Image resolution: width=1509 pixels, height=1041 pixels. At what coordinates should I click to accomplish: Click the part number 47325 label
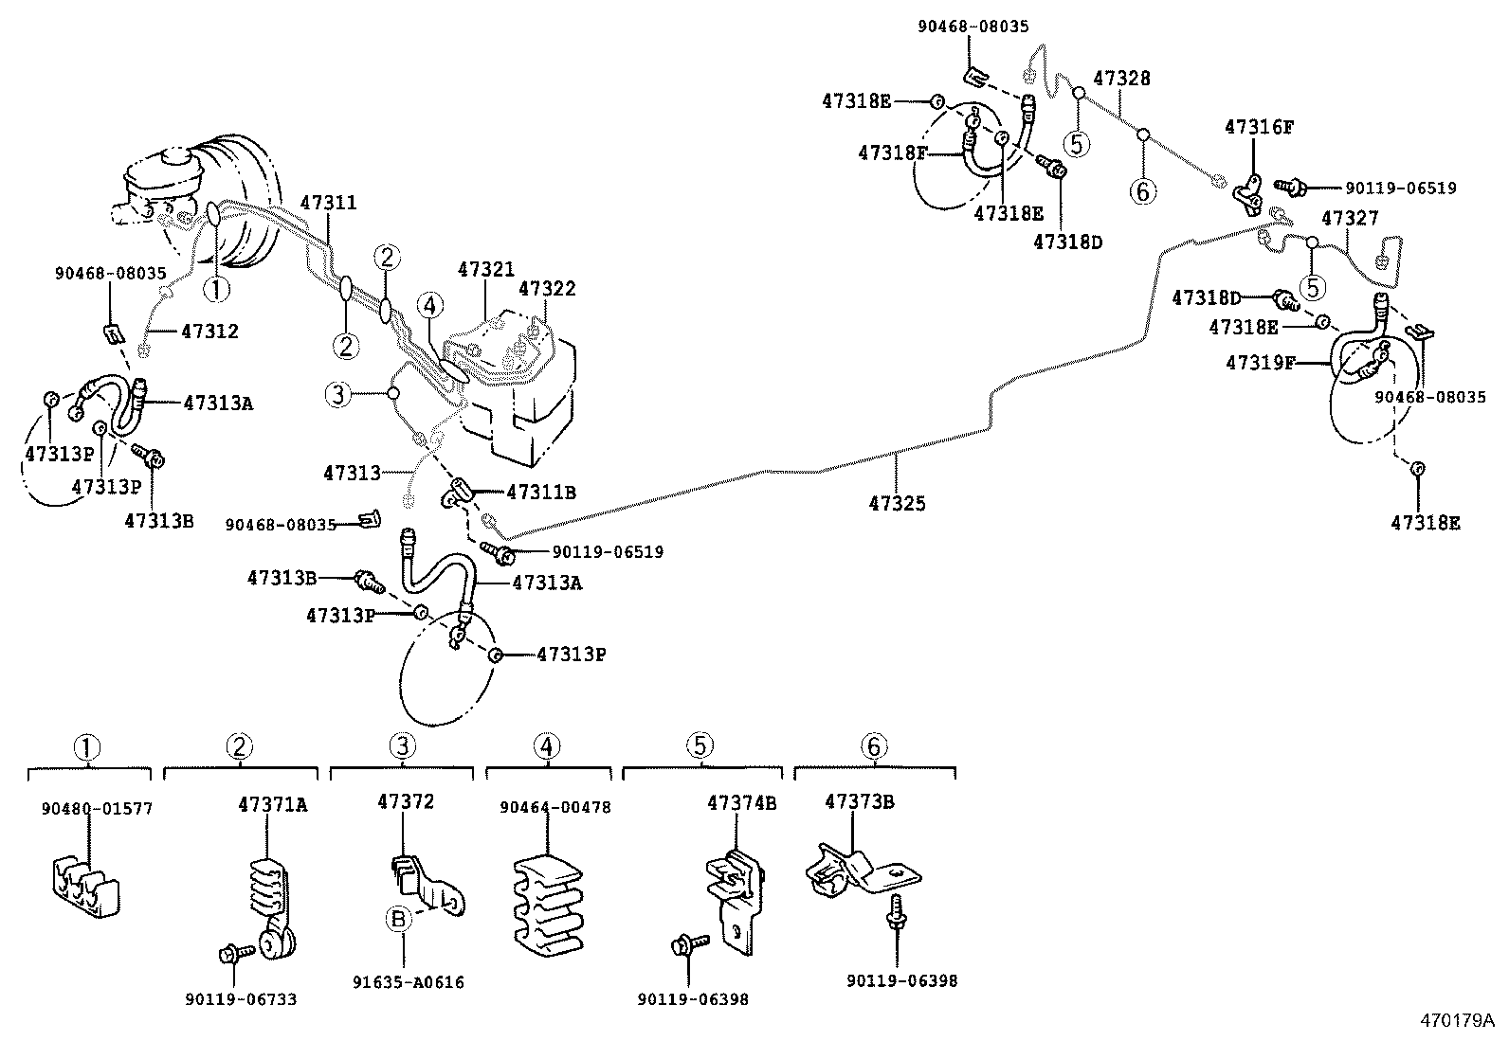(x=897, y=505)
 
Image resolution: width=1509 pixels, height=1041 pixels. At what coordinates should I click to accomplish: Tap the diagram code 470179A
(x=1456, y=1020)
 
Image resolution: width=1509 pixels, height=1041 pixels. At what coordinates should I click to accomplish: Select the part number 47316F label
(x=1259, y=126)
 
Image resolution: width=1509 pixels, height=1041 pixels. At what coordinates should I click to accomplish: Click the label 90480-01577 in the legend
(x=97, y=808)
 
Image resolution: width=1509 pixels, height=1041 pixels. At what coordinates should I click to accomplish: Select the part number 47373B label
(x=860, y=801)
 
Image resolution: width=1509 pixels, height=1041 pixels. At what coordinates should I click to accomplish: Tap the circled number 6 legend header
(x=874, y=746)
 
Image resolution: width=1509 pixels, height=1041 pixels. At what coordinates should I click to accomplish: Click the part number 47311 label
(x=328, y=203)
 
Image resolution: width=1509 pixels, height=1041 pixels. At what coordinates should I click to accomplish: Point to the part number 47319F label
(x=1260, y=362)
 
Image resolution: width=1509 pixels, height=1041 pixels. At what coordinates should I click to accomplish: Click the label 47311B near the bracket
(x=541, y=493)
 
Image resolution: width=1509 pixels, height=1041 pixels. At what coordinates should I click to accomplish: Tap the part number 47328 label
(x=1121, y=79)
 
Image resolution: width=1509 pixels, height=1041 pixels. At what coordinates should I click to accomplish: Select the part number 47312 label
(x=209, y=332)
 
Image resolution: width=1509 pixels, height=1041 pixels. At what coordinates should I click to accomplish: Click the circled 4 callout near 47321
(x=429, y=304)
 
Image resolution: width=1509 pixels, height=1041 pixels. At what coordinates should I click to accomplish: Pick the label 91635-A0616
(x=417, y=982)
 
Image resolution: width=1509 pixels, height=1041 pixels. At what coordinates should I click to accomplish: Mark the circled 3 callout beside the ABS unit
(x=338, y=393)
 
